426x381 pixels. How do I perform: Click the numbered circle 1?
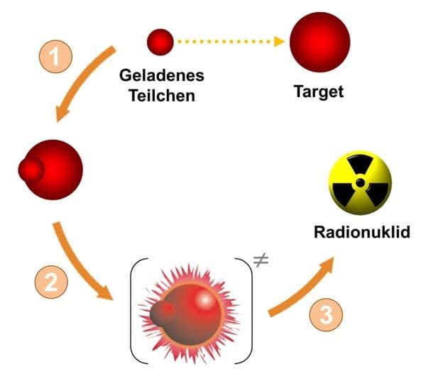56,57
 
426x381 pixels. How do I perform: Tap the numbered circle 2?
51,282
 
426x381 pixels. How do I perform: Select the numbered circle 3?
326,315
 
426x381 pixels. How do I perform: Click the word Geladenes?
162,76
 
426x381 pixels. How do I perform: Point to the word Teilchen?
162,96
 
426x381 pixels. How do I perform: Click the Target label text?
319,92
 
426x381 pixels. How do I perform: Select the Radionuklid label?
362,233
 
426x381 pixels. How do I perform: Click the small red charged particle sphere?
160,42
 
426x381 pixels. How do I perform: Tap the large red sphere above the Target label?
319,42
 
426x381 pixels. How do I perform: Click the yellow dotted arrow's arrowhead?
279,42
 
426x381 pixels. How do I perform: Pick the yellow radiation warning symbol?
360,183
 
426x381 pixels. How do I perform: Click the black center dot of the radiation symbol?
360,183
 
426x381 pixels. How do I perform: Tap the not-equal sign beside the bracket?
261,260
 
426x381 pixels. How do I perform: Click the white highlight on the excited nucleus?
205,299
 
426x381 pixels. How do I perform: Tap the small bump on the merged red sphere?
31,170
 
